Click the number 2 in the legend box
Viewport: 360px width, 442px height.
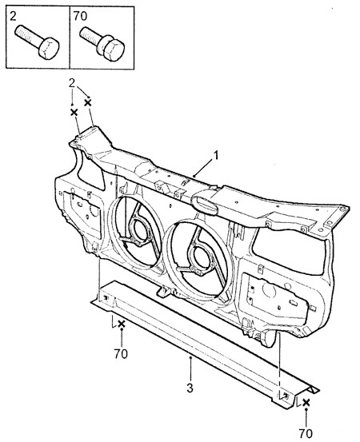[13, 16]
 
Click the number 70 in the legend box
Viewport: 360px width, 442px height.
[80, 16]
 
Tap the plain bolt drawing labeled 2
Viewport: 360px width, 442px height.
[38, 42]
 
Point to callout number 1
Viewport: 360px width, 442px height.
[216, 155]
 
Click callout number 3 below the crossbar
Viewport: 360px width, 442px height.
[190, 388]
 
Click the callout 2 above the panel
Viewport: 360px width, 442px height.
[72, 83]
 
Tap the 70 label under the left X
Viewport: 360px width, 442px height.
[121, 354]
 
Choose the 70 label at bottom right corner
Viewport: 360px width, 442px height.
[306, 433]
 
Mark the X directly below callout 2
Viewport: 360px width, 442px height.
[74, 113]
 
